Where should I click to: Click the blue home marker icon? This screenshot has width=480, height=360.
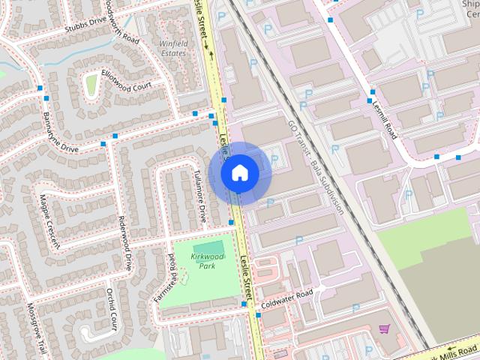click(x=239, y=172)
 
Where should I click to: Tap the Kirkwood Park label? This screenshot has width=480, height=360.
click(x=208, y=261)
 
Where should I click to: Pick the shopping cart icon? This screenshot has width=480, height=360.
click(x=385, y=328)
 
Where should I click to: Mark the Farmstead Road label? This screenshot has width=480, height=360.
click(x=168, y=274)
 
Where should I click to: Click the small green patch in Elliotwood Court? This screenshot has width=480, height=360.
click(x=91, y=85)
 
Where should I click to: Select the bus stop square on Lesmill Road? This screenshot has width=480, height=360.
click(x=370, y=100)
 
